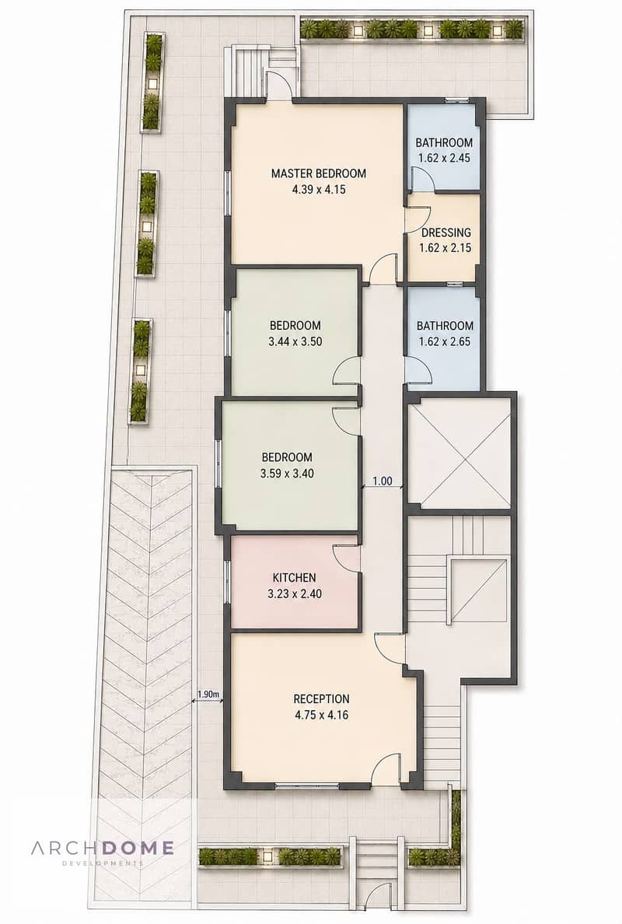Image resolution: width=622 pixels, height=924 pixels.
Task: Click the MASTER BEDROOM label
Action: [318, 173]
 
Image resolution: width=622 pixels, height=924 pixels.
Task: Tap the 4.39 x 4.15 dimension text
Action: [318, 189]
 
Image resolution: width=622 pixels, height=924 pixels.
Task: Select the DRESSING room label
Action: [446, 233]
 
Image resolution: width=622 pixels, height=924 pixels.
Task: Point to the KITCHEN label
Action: [294, 577]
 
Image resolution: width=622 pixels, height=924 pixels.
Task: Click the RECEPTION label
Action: [321, 699]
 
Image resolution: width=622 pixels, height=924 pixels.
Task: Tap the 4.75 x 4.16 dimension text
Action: [321, 715]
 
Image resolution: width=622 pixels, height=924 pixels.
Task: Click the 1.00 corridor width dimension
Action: [383, 481]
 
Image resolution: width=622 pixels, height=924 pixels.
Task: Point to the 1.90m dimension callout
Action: [208, 695]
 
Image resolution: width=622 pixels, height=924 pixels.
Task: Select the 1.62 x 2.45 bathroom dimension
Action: [445, 158]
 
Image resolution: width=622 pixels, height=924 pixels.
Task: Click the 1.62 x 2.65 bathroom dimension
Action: [445, 341]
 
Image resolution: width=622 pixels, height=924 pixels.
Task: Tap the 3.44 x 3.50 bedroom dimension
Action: [295, 341]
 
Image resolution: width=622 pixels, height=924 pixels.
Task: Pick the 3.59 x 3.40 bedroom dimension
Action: [287, 473]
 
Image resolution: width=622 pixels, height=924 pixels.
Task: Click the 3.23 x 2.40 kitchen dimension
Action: [294, 593]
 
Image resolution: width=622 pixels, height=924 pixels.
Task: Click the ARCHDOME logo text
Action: [103, 848]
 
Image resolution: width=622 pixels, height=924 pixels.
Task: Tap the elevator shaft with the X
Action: [459, 453]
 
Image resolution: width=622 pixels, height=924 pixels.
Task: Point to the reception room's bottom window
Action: [307, 785]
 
